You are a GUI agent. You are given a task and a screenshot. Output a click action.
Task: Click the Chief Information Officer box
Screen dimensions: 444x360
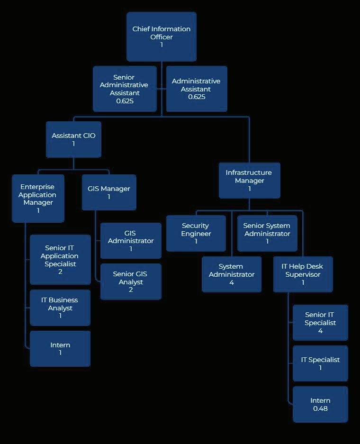162,36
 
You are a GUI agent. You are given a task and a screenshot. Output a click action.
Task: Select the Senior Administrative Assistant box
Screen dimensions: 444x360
124,89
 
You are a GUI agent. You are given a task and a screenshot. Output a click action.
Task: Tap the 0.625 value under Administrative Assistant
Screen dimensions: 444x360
196,97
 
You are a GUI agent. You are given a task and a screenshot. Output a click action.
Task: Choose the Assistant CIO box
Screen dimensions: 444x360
73,139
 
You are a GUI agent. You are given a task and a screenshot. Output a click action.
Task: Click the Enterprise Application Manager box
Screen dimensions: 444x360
38,199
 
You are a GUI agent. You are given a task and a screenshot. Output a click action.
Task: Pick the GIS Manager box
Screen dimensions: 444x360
109,192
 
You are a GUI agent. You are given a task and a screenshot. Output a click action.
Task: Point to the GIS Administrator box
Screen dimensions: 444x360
131,241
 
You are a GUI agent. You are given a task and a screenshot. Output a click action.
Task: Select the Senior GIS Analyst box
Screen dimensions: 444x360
131,281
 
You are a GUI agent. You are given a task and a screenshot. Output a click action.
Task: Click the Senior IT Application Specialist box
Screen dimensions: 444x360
60,260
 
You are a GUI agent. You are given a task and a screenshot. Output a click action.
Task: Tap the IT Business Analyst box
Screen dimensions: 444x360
60,308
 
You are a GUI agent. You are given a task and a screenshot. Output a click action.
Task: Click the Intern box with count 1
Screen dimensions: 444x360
60,349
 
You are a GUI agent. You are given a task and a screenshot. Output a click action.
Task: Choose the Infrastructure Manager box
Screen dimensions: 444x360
249,181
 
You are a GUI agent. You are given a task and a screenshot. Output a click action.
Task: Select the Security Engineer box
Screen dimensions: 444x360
196,233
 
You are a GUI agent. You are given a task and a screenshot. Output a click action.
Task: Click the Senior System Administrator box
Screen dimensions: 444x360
267,233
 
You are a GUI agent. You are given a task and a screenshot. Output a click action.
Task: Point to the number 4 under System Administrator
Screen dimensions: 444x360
231,283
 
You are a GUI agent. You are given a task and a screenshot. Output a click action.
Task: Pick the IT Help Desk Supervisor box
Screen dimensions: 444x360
303,274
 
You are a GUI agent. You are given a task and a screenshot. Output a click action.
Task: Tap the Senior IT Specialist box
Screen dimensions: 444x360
320,323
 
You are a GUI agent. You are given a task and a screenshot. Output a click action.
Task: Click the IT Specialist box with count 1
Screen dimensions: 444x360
320,363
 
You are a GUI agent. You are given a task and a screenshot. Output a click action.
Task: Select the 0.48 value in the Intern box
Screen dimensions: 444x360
320,409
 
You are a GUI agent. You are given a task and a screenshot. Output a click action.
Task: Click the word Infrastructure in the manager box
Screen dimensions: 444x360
249,172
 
